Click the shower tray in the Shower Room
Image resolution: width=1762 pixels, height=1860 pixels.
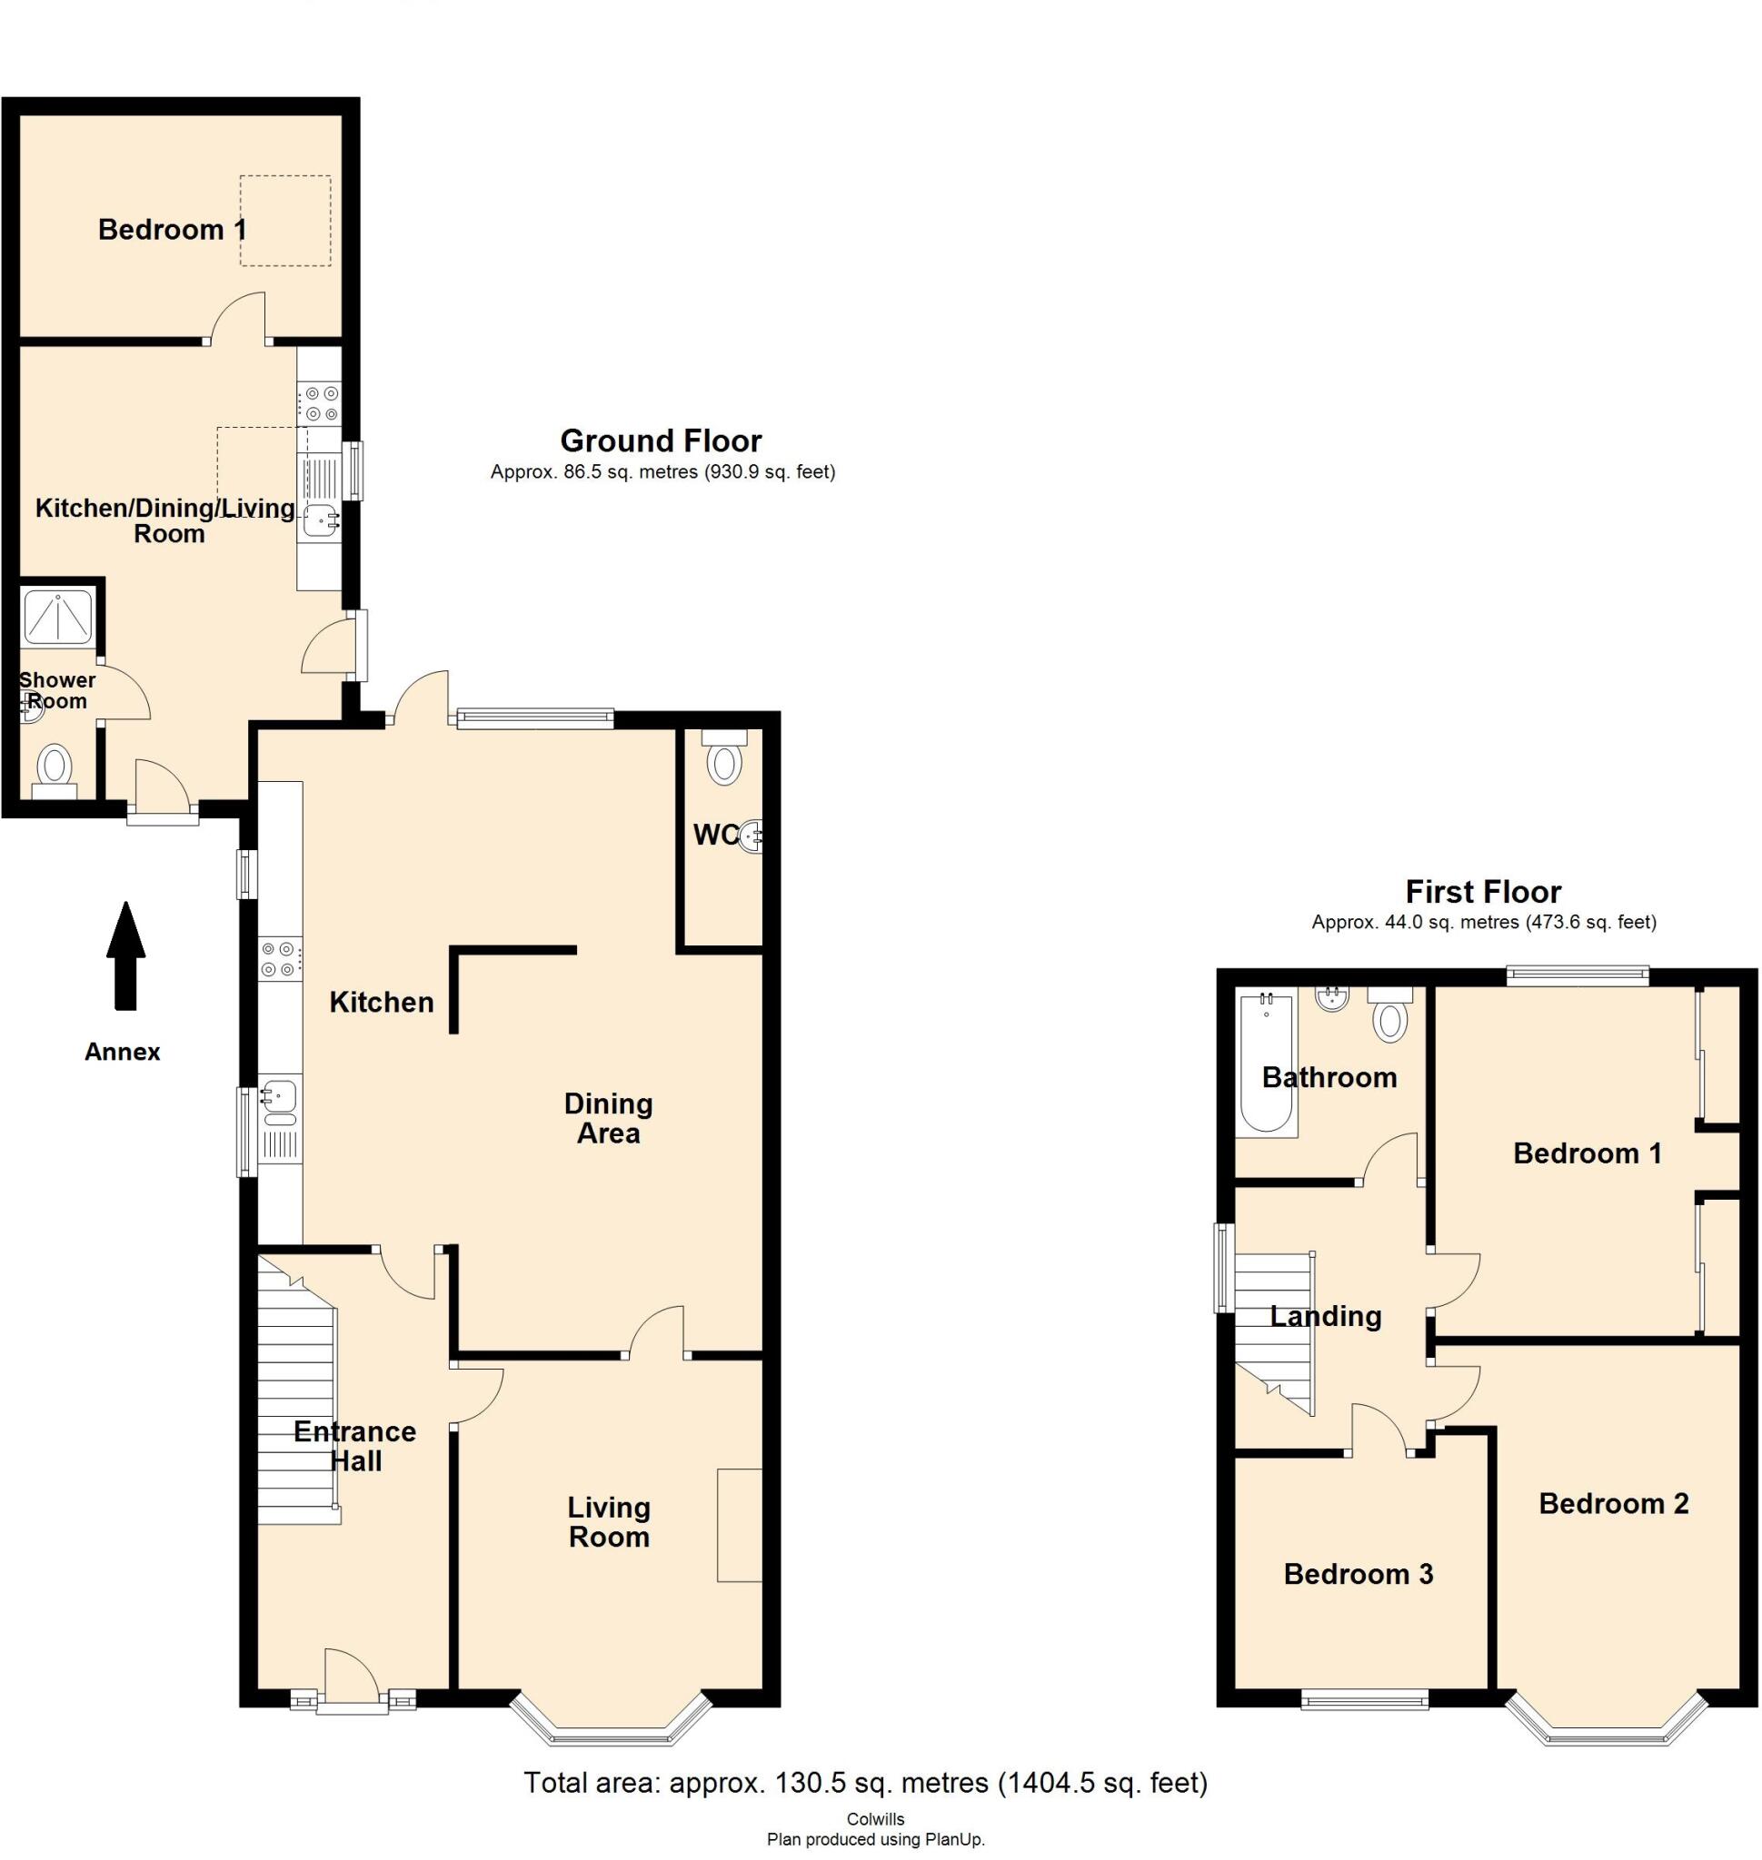[58, 617]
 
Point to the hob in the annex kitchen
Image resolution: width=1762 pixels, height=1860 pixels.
[319, 403]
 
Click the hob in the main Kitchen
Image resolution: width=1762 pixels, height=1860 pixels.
[281, 959]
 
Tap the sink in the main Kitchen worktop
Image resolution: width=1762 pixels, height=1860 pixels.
[280, 1100]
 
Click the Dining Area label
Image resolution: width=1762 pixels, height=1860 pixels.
[608, 1117]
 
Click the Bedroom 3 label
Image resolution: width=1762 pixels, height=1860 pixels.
[1358, 1575]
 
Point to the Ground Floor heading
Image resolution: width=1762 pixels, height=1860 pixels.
[661, 440]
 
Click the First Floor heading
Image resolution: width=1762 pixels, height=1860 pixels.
[1482, 891]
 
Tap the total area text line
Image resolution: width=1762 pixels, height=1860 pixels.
[864, 1781]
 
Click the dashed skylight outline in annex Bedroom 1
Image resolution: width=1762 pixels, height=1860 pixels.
[284, 221]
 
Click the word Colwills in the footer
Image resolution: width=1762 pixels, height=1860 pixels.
[875, 1819]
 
